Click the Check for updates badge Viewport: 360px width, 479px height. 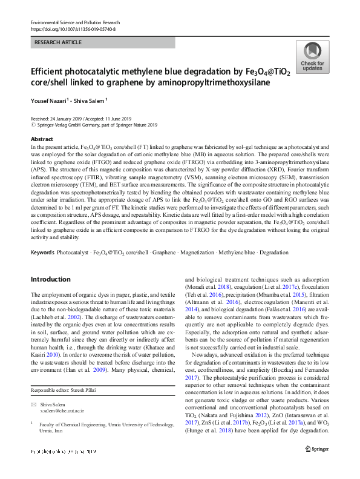[x=312, y=58]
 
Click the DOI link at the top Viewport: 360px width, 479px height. [x=74, y=28]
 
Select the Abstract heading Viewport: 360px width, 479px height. [x=41, y=139]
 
